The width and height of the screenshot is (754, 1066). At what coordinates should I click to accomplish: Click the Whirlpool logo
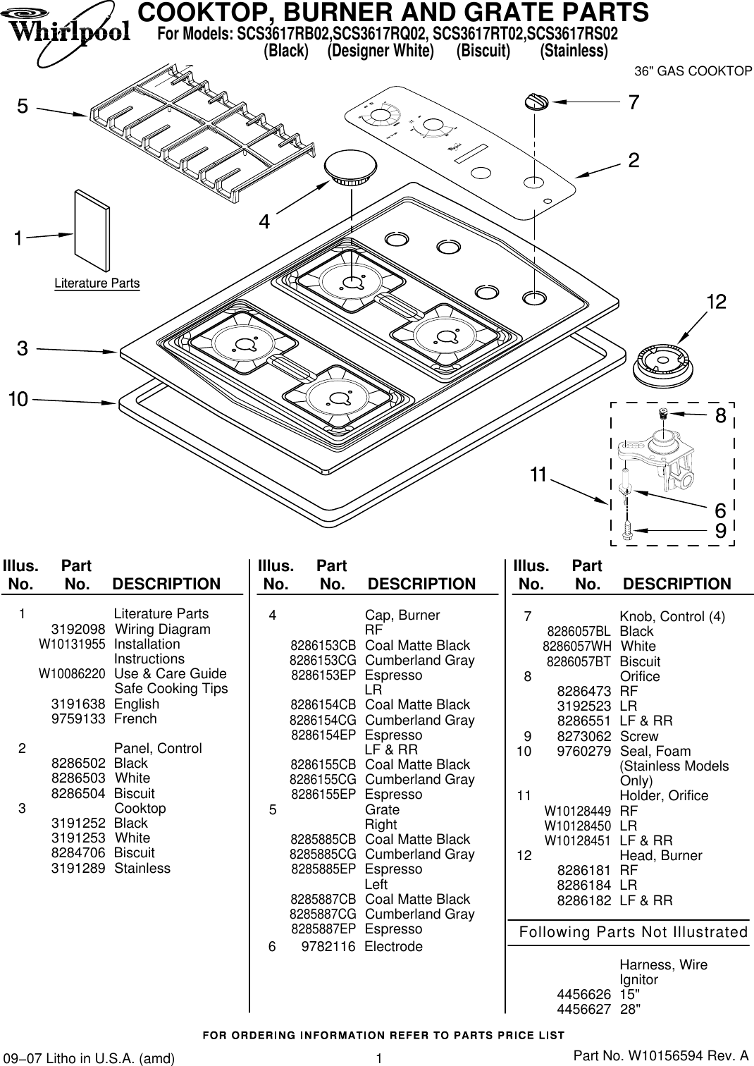(68, 28)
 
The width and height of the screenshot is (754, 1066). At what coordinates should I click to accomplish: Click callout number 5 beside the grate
(23, 106)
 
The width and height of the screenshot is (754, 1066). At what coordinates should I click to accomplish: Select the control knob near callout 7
(536, 102)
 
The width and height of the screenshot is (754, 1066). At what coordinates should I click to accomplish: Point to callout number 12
(716, 302)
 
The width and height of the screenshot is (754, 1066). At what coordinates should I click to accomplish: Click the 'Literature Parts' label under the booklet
(97, 283)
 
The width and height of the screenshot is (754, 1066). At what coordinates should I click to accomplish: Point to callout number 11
(538, 475)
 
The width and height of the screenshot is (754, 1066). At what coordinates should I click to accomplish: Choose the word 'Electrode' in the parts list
(393, 946)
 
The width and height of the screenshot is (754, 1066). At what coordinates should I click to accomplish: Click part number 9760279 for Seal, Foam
(583, 751)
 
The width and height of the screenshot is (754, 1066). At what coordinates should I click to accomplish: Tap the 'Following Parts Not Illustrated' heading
(633, 932)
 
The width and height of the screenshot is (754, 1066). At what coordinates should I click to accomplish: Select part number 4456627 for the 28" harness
(583, 1009)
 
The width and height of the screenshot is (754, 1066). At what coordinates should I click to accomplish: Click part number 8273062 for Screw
(583, 736)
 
